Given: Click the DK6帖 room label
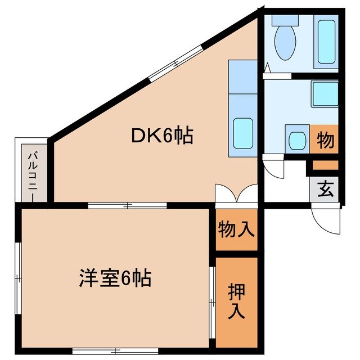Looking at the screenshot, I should (163, 136).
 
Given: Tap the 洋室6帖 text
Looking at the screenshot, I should (114, 278).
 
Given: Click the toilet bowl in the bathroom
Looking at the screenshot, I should (285, 42).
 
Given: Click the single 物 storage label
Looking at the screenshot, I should (326, 139).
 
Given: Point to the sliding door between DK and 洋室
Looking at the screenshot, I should (128, 205).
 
